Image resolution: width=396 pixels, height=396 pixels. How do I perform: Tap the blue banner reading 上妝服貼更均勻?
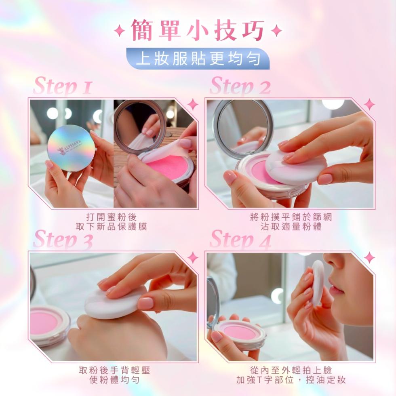pos(198,59)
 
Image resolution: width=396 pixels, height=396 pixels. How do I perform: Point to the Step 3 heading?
pos(63,240)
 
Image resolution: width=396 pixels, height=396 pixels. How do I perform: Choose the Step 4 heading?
pos(240,240)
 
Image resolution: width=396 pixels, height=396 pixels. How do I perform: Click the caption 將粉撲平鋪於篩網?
pos(291,217)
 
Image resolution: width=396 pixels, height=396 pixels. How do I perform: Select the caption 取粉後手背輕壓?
pos(114,370)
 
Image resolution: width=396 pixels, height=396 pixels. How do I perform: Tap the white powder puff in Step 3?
pos(115,303)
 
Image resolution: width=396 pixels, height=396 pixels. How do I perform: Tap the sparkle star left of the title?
pos(120,32)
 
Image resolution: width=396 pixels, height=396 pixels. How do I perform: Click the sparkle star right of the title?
pos(276,32)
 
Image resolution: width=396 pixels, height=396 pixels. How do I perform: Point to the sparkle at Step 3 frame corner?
pos(193,257)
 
